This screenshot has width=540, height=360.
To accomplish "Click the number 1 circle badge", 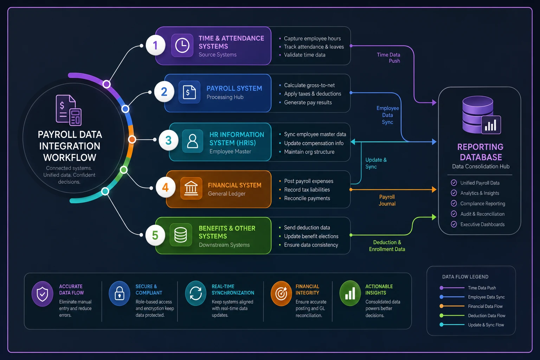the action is [x=155, y=45].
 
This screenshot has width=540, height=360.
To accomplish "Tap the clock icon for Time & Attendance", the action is [x=182, y=45].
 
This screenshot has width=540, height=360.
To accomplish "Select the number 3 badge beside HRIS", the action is [x=168, y=140].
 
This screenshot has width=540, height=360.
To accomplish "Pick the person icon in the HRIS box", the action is [x=193, y=141].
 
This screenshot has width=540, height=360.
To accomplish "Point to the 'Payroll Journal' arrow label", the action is [x=387, y=200].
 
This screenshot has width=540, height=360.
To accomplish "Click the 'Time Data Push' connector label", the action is [x=388, y=58].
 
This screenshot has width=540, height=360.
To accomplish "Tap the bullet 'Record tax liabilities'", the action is [x=307, y=189].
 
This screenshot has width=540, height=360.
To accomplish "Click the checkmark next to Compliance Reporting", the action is [x=454, y=203].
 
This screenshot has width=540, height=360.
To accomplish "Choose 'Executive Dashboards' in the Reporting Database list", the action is [x=482, y=224].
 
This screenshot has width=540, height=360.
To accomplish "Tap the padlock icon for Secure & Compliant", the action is [x=119, y=294].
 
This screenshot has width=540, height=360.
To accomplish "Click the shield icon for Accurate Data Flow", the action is [x=43, y=294].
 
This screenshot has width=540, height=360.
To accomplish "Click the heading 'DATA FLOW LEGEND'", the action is [x=465, y=277].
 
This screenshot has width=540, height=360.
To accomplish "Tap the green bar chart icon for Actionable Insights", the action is [x=350, y=293].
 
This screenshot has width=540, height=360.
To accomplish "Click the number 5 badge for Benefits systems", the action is [x=155, y=235].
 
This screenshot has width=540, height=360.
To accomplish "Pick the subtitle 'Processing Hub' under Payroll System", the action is [x=225, y=97].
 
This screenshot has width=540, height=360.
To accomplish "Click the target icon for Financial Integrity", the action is [x=281, y=294].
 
